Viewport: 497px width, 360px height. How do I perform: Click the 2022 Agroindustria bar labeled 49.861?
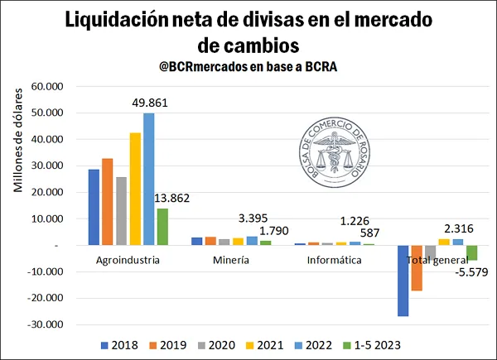(x=148, y=179)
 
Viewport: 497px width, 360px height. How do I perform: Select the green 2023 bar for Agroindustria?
(x=162, y=227)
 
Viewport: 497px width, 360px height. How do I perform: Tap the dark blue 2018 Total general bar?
(x=403, y=281)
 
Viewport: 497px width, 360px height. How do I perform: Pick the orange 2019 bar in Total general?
(x=417, y=268)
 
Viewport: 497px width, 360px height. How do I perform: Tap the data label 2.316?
(x=458, y=228)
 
